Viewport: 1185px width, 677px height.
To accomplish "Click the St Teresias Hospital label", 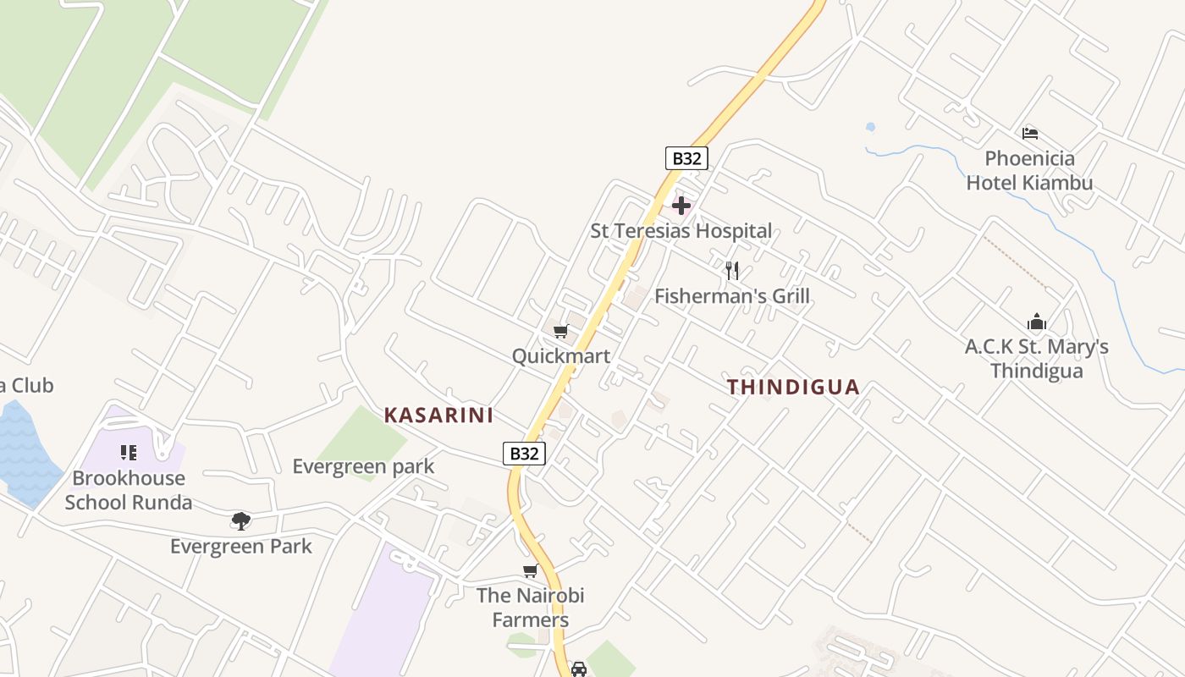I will [x=681, y=230].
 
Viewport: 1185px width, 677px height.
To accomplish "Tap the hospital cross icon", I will [x=681, y=206].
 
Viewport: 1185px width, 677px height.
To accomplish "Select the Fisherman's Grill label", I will [x=732, y=296].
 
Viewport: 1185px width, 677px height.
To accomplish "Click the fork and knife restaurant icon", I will [x=732, y=271].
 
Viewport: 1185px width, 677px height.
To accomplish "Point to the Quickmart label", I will [x=560, y=356].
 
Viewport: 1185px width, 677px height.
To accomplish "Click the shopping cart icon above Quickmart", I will [x=560, y=331].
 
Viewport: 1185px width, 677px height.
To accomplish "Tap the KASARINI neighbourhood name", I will [x=438, y=416].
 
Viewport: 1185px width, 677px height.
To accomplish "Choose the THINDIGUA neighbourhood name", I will [x=793, y=388].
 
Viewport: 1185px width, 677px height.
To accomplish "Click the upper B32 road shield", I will [x=686, y=158].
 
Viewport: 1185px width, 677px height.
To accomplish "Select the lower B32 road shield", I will [x=525, y=454].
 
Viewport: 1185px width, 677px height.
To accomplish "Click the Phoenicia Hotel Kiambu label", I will [x=1029, y=170].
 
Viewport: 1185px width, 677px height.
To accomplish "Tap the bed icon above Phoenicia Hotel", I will [x=1030, y=134].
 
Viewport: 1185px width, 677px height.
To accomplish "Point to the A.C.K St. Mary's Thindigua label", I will [x=1037, y=359].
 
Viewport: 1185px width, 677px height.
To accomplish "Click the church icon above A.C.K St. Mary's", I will [x=1037, y=322].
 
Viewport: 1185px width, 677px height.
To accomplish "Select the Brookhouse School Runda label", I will [x=129, y=490].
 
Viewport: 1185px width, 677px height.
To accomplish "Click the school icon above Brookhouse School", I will [x=129, y=453].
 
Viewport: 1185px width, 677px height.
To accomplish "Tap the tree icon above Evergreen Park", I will [x=241, y=520].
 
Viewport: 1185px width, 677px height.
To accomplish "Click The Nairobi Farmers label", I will [x=531, y=608].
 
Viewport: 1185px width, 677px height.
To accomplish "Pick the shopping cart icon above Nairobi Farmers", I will [x=531, y=570].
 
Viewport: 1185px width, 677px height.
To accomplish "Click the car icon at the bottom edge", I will [x=579, y=669].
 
